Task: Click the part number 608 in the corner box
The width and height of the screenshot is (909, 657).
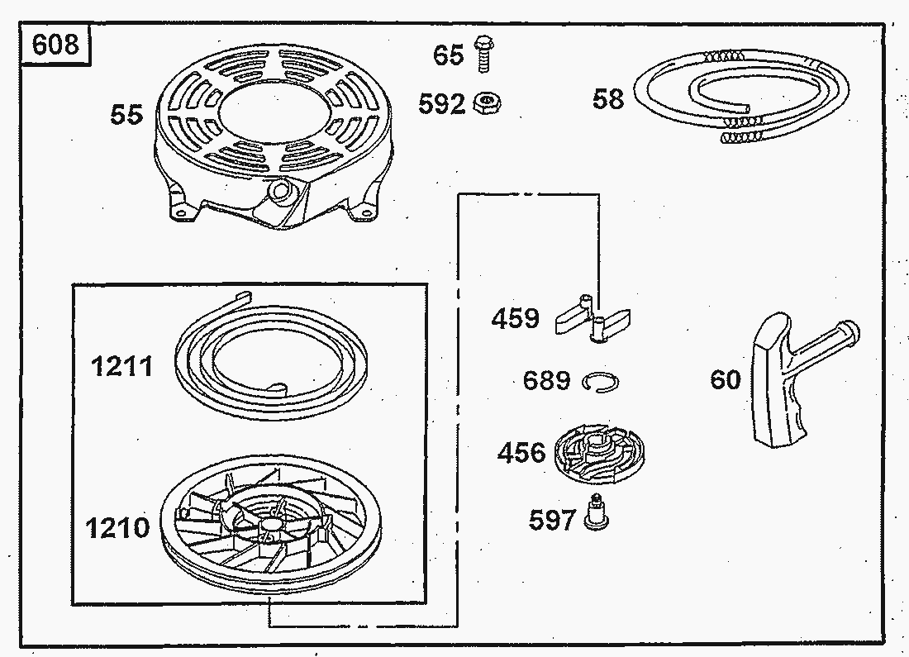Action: (55, 44)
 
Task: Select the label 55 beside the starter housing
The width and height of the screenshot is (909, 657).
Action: (126, 114)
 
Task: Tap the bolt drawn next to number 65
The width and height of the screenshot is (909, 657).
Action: (483, 54)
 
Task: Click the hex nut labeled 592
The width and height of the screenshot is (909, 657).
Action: (487, 103)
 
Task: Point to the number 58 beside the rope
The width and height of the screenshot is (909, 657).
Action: (608, 98)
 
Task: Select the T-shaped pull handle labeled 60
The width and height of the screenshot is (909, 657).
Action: (803, 377)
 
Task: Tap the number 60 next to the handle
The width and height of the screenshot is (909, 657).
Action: (726, 380)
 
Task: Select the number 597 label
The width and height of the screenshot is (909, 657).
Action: (553, 520)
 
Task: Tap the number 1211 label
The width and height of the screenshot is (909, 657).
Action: (122, 366)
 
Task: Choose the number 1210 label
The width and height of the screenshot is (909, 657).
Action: (117, 528)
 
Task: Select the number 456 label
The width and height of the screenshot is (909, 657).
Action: (521, 453)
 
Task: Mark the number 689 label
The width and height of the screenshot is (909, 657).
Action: (547, 380)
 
